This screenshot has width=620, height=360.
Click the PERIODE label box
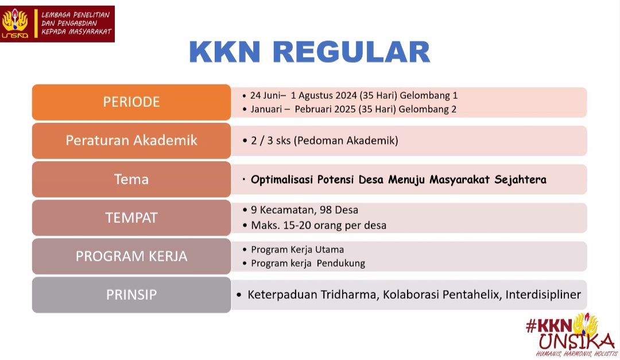point(131,102)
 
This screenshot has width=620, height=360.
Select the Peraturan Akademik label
point(131,141)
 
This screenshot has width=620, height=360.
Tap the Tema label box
point(131,179)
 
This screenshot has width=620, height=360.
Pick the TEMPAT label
point(131,218)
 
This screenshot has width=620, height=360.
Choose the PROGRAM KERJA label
point(131,256)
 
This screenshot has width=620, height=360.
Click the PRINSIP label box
point(131,295)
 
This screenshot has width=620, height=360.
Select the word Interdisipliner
point(543,295)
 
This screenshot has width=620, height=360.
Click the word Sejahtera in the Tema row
point(520,180)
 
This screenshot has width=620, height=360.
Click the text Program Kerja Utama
point(297,250)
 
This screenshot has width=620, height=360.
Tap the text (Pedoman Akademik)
point(346,141)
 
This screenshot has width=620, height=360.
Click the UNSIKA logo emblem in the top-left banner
point(15,24)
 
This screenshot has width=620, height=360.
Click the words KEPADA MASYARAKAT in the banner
point(76,32)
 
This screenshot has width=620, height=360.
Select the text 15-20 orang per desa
point(333,225)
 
